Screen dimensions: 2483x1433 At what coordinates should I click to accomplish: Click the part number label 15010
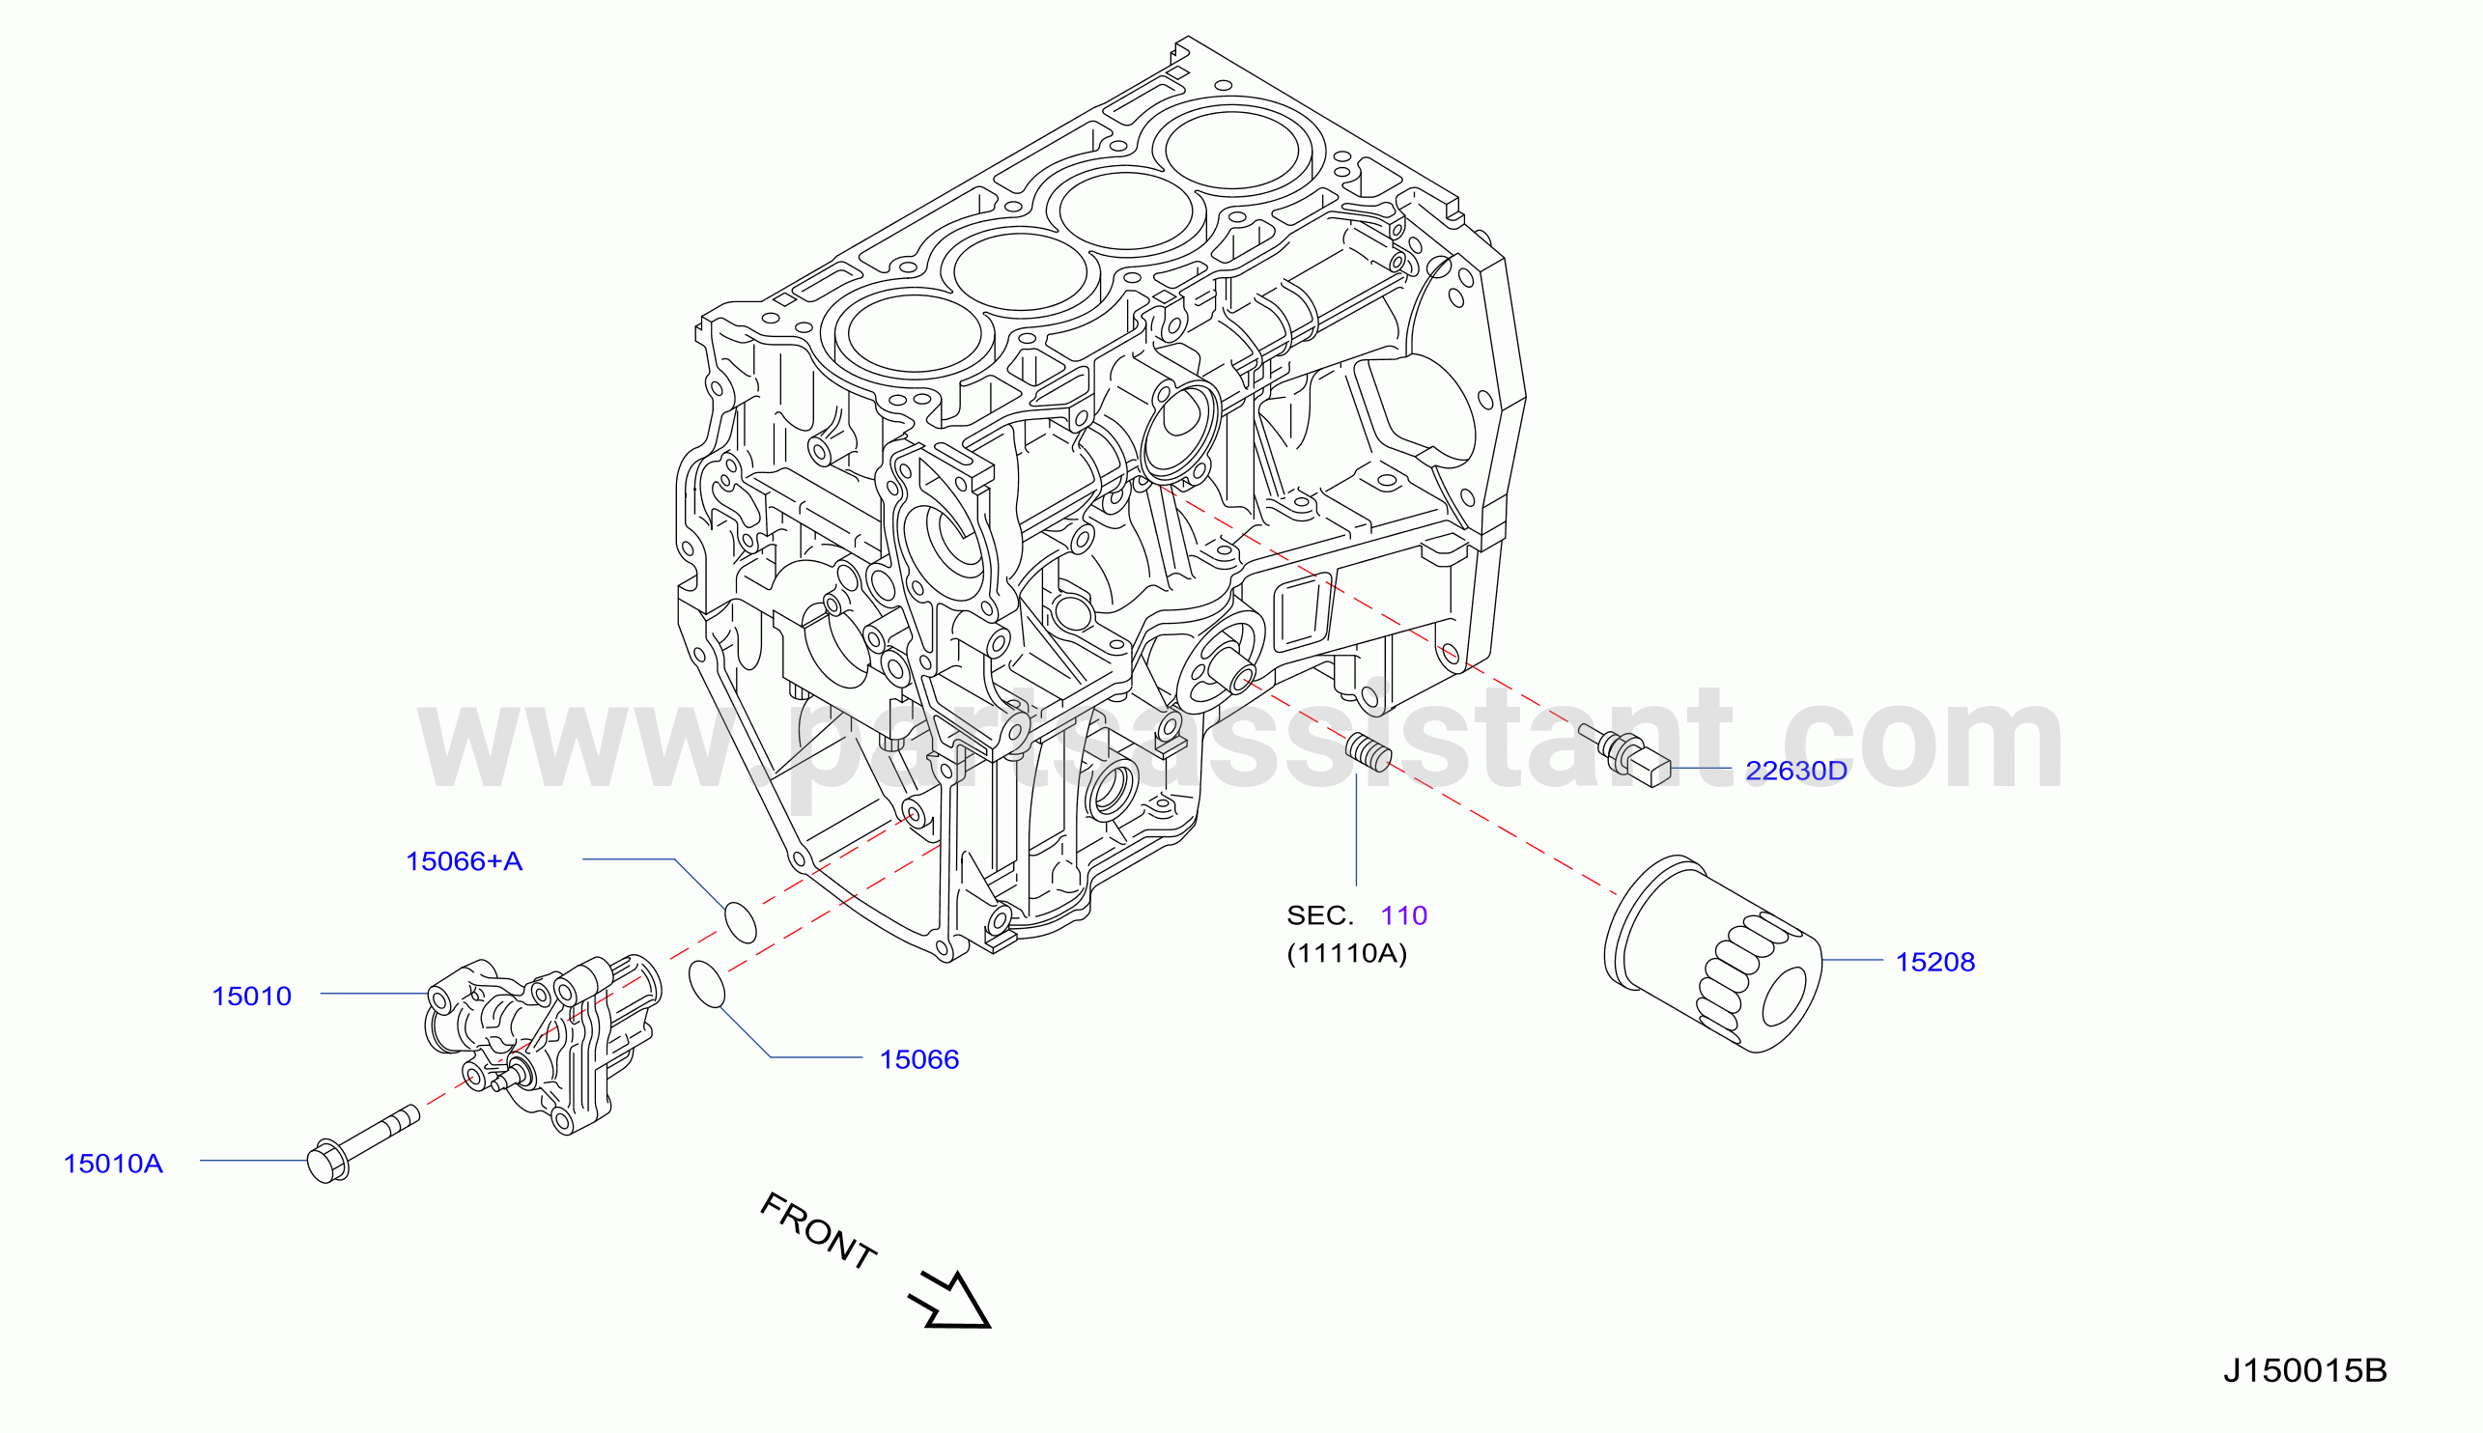(252, 996)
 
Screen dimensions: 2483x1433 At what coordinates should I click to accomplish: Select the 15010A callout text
(113, 1164)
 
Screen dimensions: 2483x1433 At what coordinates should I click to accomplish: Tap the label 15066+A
(464, 861)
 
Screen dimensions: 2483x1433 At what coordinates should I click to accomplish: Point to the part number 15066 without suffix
(919, 1059)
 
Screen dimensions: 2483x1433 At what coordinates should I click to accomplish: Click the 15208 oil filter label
(1934, 962)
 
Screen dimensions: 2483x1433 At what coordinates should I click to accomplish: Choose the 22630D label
(1796, 771)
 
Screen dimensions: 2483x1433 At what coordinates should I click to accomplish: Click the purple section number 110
(1403, 915)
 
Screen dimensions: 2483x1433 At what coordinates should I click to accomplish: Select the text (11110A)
(1346, 953)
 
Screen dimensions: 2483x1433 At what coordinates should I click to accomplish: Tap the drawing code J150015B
(2305, 1370)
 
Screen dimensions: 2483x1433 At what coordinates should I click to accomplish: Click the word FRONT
(818, 1231)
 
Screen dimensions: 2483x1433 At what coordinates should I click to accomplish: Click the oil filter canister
(1712, 954)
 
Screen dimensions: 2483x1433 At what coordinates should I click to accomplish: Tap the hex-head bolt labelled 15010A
(362, 1144)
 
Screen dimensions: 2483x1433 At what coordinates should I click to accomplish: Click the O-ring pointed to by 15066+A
(740, 922)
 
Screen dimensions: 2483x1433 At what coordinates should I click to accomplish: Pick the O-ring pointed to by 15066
(707, 985)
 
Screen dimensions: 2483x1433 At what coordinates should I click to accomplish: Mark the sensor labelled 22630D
(1623, 755)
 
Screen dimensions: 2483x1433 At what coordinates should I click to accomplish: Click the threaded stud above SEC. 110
(1368, 753)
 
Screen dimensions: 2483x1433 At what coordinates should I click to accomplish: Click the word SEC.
(1320, 915)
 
